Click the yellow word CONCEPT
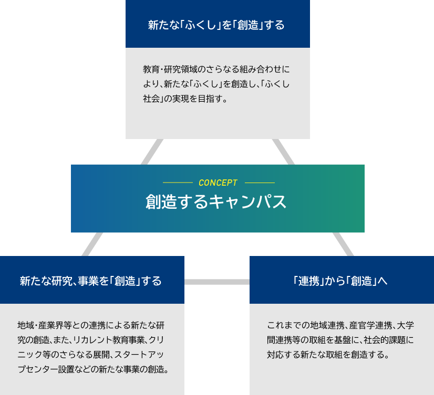pyautogui.click(x=218, y=183)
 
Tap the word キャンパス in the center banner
pyautogui.click(x=247, y=201)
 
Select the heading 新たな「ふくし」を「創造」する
pyautogui.click(x=216, y=25)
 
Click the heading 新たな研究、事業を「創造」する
pyautogui.click(x=91, y=281)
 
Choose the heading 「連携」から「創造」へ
pyautogui.click(x=340, y=281)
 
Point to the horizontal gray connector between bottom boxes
pyautogui.click(x=217, y=282)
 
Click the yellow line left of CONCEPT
pyautogui.click(x=178, y=183)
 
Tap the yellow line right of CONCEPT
pyautogui.click(x=260, y=183)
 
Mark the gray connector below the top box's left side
pyautogui.click(x=152, y=152)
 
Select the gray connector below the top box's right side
pyautogui.click(x=283, y=152)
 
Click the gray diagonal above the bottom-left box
pyautogui.click(x=92, y=244)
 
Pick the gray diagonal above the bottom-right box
pyautogui.click(x=343, y=244)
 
